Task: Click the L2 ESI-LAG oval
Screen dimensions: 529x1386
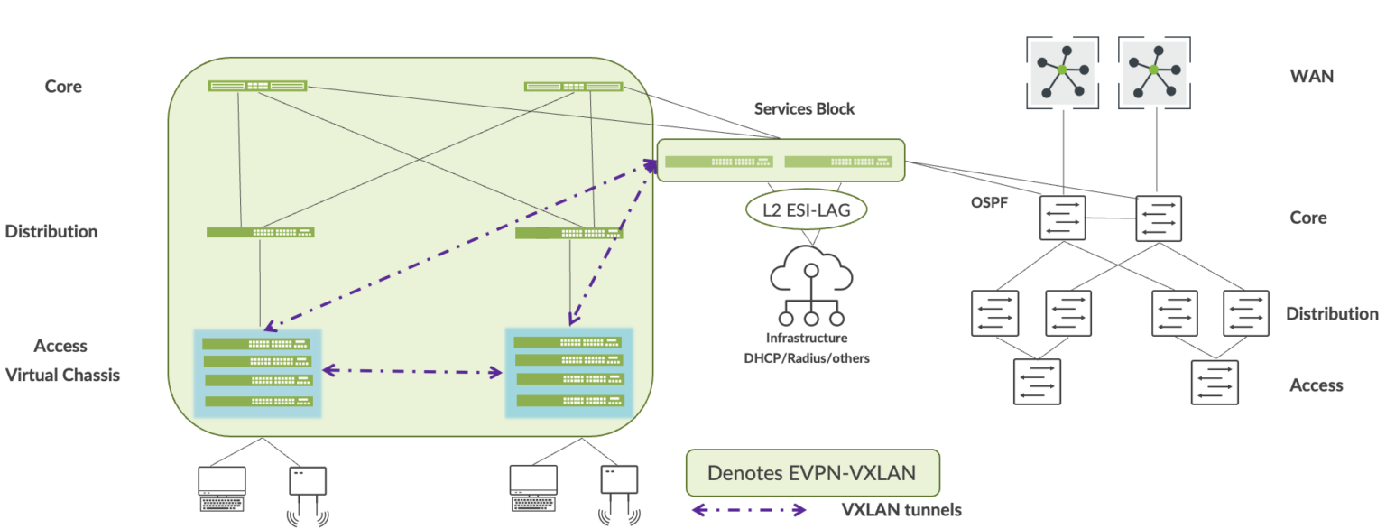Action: click(806, 211)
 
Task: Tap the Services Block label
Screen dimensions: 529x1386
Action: click(804, 108)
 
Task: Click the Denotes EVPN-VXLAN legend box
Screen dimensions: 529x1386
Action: click(812, 473)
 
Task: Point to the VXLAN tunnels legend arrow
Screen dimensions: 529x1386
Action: click(748, 510)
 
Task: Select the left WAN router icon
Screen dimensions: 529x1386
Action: click(1062, 70)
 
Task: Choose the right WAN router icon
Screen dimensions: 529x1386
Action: click(1154, 70)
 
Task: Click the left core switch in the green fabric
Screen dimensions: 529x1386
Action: click(257, 86)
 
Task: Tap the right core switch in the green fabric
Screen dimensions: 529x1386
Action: click(573, 86)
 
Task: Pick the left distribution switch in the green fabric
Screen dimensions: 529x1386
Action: click(261, 232)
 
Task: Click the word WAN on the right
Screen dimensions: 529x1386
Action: click(1312, 77)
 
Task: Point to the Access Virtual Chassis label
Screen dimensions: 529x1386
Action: click(62, 360)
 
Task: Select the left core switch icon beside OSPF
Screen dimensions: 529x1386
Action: click(1062, 218)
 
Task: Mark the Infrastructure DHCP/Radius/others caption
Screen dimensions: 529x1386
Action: click(806, 347)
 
